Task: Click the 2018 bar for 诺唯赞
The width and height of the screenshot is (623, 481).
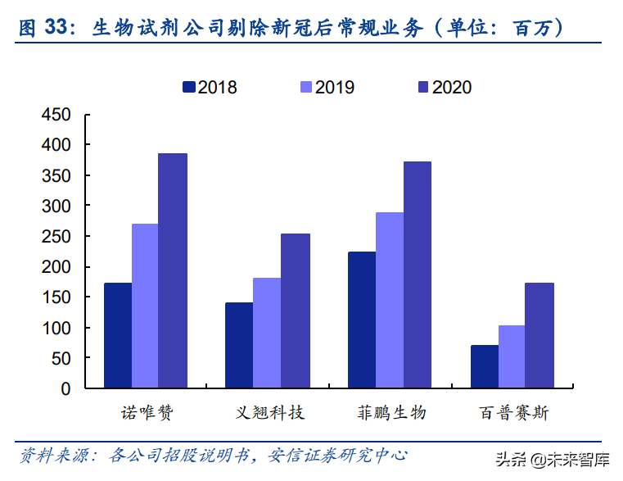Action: (118, 336)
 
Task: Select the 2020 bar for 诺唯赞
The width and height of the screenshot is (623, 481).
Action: (173, 271)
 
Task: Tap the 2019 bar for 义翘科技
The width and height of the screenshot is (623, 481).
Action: (267, 334)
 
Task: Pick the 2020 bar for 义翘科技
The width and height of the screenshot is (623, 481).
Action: (296, 311)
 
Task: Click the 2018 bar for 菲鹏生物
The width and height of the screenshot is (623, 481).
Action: (362, 320)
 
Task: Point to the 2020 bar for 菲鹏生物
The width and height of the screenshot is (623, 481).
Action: (417, 275)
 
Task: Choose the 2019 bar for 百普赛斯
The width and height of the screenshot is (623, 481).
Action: (512, 357)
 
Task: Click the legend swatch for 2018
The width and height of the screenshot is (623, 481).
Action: (189, 86)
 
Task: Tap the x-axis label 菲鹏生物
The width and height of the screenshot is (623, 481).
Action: (391, 412)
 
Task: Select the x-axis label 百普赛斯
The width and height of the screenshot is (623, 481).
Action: (513, 412)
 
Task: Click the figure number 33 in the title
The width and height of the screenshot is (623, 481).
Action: (55, 28)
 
